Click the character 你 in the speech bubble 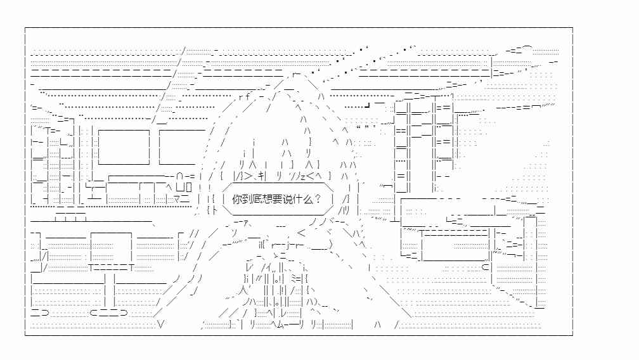pyautogui.click(x=237, y=200)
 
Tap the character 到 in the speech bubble pyautogui.click(x=247, y=200)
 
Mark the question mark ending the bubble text pyautogui.click(x=318, y=200)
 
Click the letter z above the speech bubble pyautogui.click(x=303, y=177)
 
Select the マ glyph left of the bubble pyautogui.click(x=177, y=199)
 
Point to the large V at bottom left pyautogui.click(x=161, y=325)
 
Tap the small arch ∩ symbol pyautogui.click(x=180, y=177)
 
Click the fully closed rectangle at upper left pyautogui.click(x=124, y=147)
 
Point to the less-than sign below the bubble pyautogui.click(x=301, y=233)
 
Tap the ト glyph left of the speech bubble pyautogui.click(x=215, y=210)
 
